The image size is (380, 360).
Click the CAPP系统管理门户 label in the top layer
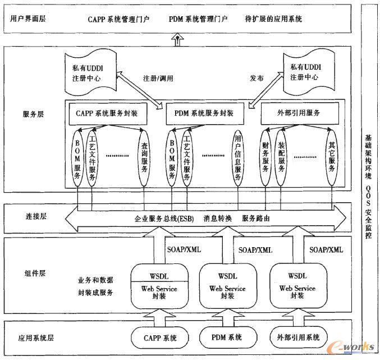coord(118,19)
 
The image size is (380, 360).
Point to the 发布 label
coord(257,79)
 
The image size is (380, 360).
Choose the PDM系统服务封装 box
coord(204,113)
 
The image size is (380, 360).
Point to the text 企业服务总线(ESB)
coord(164,218)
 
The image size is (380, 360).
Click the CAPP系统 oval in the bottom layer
coord(159,338)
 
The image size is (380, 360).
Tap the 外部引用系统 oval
coord(298,338)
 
